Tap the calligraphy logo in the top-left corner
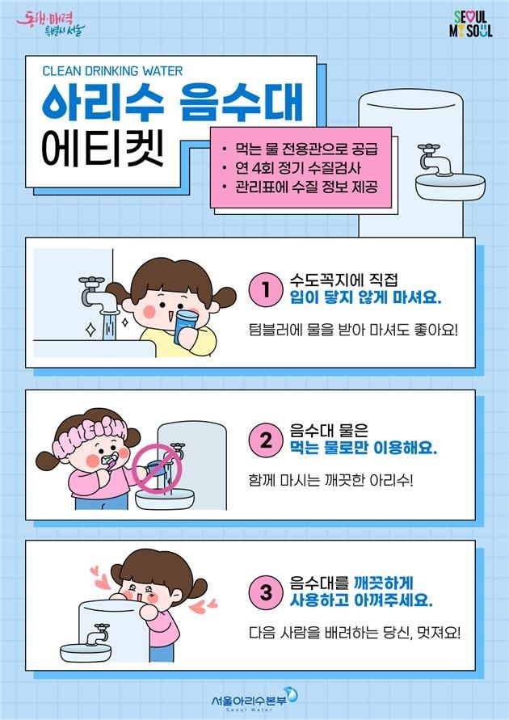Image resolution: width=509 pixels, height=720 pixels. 50,23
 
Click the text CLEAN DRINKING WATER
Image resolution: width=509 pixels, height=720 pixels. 112,71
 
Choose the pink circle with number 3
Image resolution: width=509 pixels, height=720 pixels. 264,593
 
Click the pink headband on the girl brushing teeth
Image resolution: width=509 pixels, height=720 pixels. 82,425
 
